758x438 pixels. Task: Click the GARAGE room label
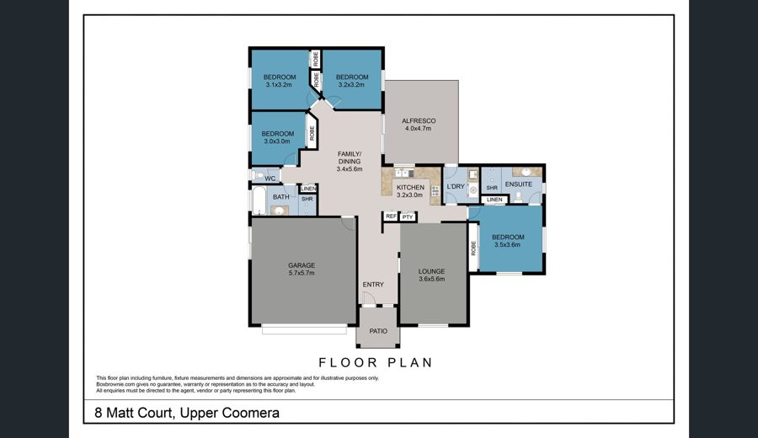click(x=302, y=265)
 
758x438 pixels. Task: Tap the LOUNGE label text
click(x=432, y=272)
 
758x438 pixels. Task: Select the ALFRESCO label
click(x=419, y=120)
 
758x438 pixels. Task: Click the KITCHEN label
click(x=410, y=188)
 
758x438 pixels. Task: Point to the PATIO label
click(x=378, y=331)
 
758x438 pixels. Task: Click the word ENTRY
click(x=373, y=285)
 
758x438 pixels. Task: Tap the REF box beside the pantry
click(x=391, y=216)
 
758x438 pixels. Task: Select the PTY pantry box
click(x=408, y=217)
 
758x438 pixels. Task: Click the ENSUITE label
click(x=519, y=184)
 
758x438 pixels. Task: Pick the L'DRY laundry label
click(x=456, y=186)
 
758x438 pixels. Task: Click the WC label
click(x=270, y=179)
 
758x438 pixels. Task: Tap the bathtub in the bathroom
click(x=259, y=200)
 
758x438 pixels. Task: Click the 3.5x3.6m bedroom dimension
click(x=508, y=244)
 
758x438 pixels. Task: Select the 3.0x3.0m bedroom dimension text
click(x=277, y=142)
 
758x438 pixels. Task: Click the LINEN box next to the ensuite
click(x=494, y=200)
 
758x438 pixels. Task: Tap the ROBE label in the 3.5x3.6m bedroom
click(x=473, y=248)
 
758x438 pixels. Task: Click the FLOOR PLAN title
click(x=376, y=362)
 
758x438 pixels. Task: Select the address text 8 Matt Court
click(x=133, y=413)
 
